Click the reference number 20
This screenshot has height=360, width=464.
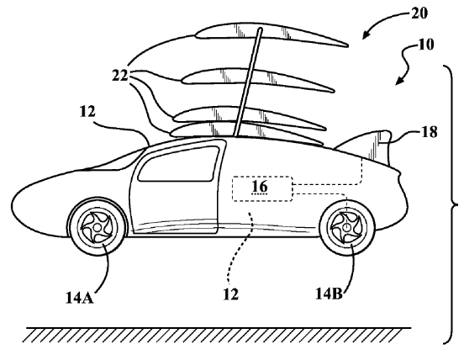[419, 13]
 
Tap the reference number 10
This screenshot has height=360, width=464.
[425, 45]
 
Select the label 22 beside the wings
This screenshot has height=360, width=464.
[120, 76]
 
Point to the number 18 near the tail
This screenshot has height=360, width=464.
[429, 132]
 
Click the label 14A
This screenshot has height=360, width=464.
[79, 298]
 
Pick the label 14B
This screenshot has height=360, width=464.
[329, 294]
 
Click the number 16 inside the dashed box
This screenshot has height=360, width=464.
[260, 186]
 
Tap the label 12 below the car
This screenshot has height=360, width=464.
[230, 294]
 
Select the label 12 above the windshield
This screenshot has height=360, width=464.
[87, 112]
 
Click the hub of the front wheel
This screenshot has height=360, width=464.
[97, 227]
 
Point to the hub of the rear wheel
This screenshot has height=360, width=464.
[346, 227]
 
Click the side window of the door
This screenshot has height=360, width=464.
[178, 164]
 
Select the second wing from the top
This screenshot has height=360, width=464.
[257, 79]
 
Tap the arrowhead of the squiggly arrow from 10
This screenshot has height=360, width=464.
[399, 81]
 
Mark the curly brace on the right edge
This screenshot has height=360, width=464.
[452, 204]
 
